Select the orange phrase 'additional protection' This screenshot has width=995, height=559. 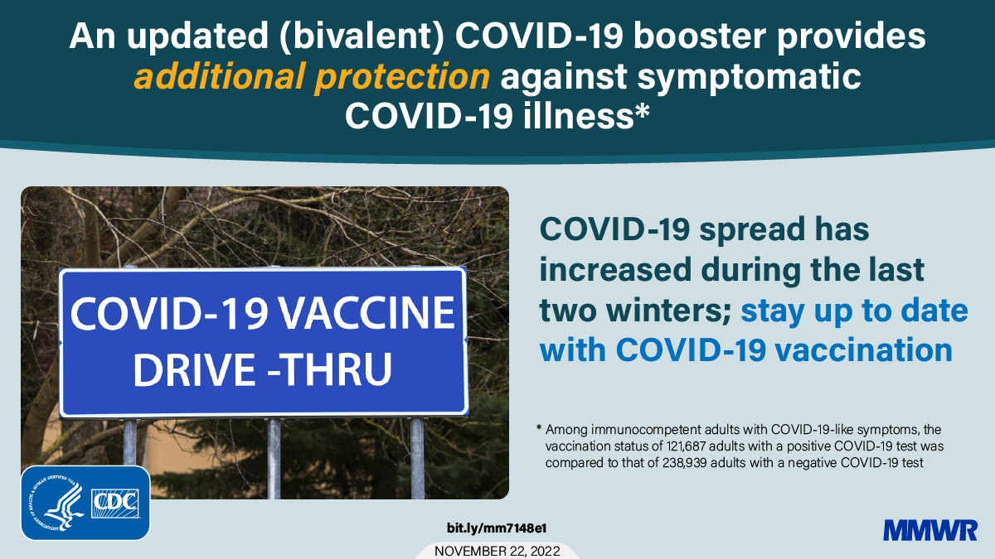coord(312,77)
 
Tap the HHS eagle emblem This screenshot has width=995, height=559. coord(56,503)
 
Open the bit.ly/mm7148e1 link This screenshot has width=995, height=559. coord(497,528)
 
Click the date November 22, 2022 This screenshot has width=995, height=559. coord(497,551)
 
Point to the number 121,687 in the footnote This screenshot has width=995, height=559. coord(663,446)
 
